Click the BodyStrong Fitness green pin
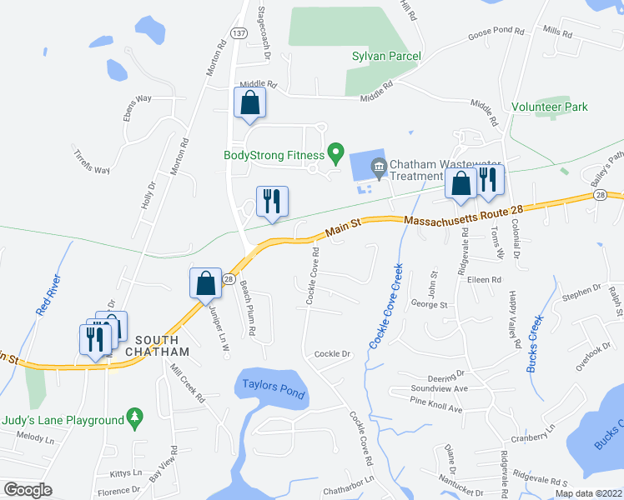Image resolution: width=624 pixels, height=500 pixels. click(x=335, y=152)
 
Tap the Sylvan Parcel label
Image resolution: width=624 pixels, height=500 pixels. click(x=385, y=56)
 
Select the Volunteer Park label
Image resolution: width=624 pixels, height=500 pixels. click(x=550, y=107)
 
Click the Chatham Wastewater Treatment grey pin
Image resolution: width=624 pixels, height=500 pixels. click(x=379, y=167)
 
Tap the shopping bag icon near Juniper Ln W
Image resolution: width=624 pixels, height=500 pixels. click(x=205, y=284)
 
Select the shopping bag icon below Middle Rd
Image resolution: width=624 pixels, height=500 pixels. click(x=249, y=103)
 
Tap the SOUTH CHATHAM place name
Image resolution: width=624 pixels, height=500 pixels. click(x=157, y=346)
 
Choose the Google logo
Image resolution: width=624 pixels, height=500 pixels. click(x=28, y=490)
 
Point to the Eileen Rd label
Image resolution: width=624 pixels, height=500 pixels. click(x=484, y=280)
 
